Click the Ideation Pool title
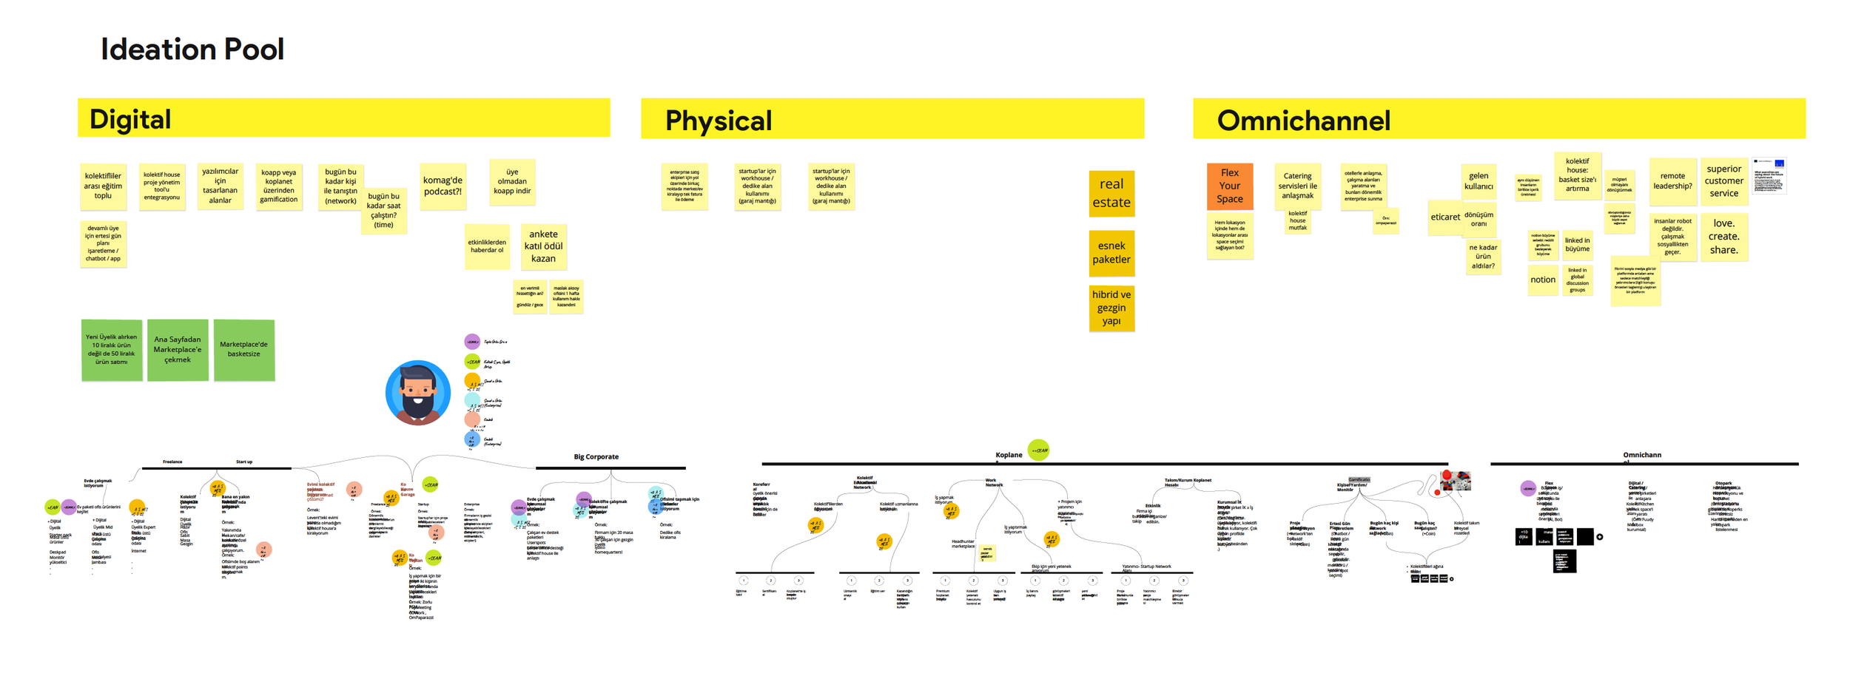tap(192, 50)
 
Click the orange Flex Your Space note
tap(1229, 186)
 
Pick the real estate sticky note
tap(1111, 193)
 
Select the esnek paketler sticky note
tap(1111, 252)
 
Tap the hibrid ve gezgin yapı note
tap(1111, 308)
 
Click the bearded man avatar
tap(417, 393)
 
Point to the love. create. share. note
tap(1723, 237)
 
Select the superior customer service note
tap(1723, 181)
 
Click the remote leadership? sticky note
tap(1672, 181)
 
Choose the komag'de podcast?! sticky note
tap(443, 186)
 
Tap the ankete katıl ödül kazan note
tap(543, 246)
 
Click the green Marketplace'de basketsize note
tap(243, 350)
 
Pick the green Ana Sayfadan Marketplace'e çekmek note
tap(178, 350)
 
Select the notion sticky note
tap(1543, 280)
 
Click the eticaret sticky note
tap(1444, 217)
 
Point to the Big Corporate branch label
tap(596, 457)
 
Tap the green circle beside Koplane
tap(1038, 450)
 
